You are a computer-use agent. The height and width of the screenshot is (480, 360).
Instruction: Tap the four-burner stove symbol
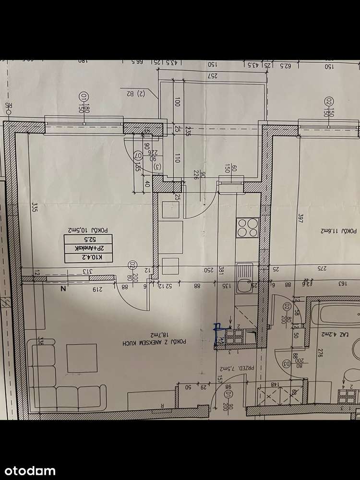point(247,228)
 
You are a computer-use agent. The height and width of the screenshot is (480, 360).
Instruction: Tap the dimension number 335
point(35,207)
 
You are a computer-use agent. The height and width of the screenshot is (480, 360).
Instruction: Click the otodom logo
point(29,470)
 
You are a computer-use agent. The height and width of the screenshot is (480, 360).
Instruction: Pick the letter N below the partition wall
point(62,288)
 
